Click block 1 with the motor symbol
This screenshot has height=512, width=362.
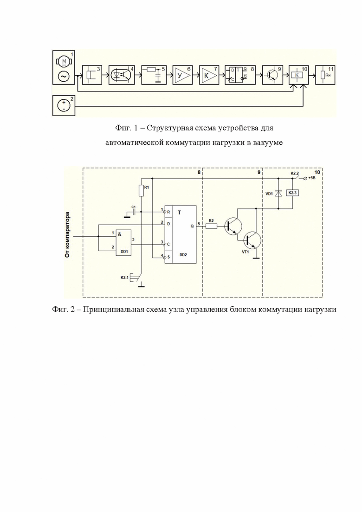tap(64, 68)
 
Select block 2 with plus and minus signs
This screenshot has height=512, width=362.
tap(64, 105)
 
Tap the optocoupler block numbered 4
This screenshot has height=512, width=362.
tap(122, 75)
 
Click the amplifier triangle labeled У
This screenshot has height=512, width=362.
tap(182, 75)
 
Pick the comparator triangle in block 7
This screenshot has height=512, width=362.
tap(208, 75)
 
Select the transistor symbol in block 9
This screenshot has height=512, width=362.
tap(271, 75)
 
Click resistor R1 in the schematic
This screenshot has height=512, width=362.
tap(142, 190)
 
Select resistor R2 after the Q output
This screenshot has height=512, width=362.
tap(211, 225)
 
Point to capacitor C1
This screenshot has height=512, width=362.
tap(133, 212)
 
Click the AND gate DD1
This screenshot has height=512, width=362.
tap(122, 243)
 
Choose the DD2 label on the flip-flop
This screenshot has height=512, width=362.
tap(183, 254)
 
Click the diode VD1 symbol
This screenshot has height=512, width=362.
tap(278, 193)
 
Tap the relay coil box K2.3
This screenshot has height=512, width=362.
tap(292, 193)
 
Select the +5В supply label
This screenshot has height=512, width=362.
tap(312, 179)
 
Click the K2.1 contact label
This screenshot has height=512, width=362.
tap(125, 278)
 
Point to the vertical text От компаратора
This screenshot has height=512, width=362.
tap(68, 235)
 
